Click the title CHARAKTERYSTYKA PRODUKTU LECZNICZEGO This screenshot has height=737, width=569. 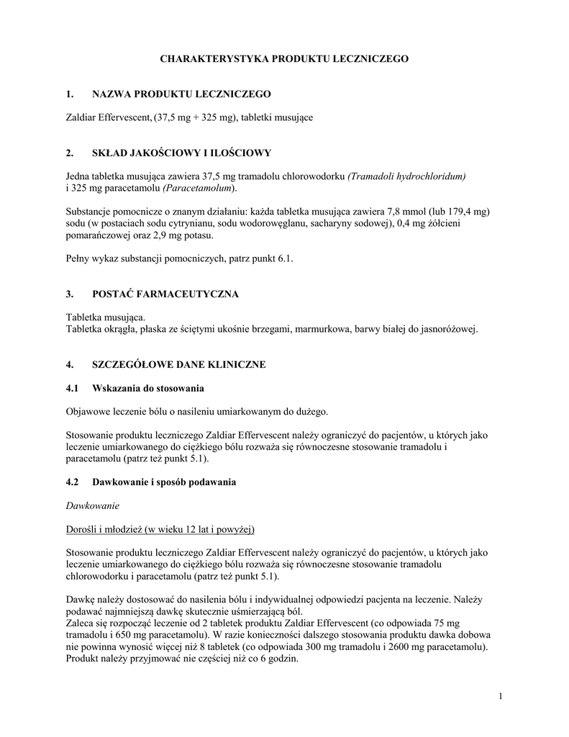point(284,58)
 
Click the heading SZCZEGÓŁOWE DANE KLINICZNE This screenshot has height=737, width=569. point(179,365)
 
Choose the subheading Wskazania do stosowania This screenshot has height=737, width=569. point(148,389)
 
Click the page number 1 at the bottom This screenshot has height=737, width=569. point(499,696)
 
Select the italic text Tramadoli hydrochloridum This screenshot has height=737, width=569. point(407,176)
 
